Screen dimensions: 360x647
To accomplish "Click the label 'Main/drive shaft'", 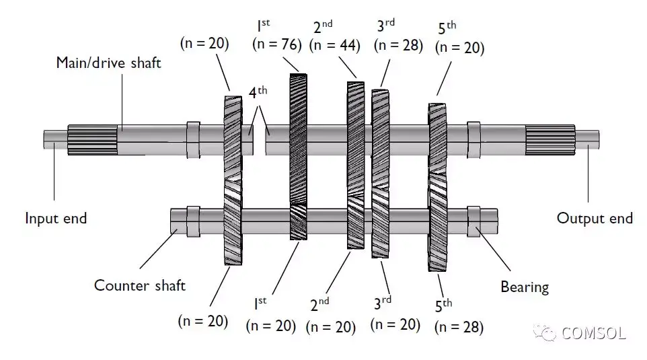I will [x=108, y=63].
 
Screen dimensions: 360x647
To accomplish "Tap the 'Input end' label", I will [x=56, y=219].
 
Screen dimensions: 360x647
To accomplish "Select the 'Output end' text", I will [x=595, y=218].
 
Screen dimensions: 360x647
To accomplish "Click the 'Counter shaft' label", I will [x=139, y=285].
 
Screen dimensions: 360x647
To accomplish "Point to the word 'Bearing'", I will [x=525, y=287].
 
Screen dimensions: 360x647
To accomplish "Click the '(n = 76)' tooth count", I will [x=276, y=44].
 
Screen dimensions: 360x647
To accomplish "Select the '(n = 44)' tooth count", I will [x=335, y=46].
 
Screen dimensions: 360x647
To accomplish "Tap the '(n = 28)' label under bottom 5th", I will [x=459, y=327].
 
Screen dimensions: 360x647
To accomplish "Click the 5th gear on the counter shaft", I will [x=438, y=225].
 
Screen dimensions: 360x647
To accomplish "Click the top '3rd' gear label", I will [x=385, y=26].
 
